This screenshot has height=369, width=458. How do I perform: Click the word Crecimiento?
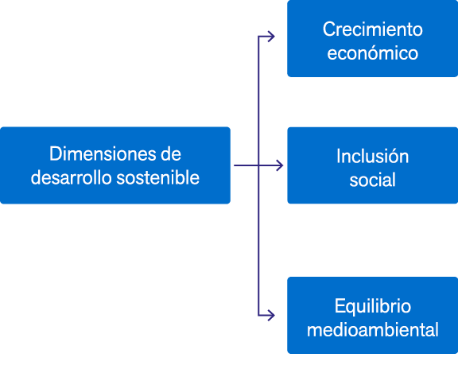[x=373, y=29]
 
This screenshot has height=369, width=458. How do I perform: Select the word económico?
[x=373, y=53]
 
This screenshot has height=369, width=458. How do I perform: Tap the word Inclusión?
[x=372, y=156]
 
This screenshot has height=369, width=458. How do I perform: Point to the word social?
[x=372, y=180]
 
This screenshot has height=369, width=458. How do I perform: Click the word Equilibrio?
[x=373, y=307]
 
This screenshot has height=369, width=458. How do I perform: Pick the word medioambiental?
[x=373, y=329]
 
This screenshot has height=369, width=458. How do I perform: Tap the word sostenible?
[x=157, y=177]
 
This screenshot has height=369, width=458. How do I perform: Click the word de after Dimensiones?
[x=171, y=153]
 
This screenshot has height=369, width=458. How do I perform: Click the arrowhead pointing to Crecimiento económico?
[x=271, y=37]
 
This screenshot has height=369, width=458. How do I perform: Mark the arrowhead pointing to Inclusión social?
[x=280, y=165]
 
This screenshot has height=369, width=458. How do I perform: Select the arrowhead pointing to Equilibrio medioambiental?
[x=271, y=316]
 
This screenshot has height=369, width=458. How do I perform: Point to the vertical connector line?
[x=258, y=176]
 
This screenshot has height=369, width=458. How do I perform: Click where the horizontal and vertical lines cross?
[x=258, y=165]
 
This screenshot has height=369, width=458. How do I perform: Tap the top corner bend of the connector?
[x=258, y=37]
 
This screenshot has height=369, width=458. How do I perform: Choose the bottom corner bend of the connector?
[x=258, y=316]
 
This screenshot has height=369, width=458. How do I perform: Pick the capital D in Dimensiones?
[x=55, y=153]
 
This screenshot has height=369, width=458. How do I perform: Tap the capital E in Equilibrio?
[x=340, y=306]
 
